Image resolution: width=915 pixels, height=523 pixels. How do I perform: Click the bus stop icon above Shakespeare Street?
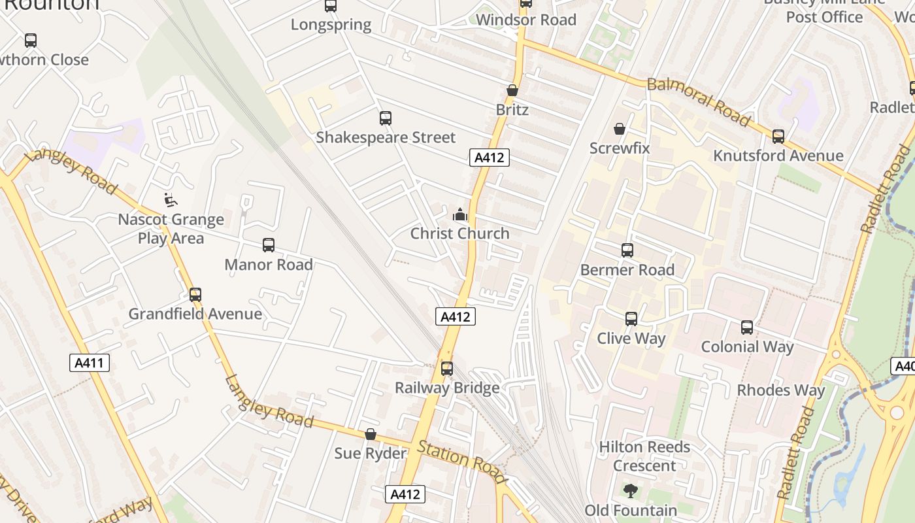386,118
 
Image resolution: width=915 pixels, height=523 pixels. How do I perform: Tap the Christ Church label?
459,233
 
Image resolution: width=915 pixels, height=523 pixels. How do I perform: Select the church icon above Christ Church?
460,214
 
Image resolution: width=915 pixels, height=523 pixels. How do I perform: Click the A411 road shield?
90,363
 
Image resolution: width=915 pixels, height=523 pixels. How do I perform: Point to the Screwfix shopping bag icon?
619,129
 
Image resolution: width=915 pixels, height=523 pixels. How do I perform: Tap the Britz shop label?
512,109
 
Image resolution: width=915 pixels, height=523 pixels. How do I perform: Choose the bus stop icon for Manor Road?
269,245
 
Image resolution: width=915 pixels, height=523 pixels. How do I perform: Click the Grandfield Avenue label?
195,314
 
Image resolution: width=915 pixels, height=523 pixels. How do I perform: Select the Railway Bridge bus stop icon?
447,369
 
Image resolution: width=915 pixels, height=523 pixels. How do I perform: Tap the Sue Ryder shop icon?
371,434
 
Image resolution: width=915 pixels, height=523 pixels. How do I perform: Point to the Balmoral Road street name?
698,101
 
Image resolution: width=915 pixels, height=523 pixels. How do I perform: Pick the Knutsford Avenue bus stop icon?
778,137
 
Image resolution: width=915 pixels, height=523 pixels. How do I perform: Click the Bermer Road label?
627,270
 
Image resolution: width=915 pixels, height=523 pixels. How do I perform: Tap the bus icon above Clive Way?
631,319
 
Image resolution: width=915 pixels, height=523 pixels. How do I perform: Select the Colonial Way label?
747,346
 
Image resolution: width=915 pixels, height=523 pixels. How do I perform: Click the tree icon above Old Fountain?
630,491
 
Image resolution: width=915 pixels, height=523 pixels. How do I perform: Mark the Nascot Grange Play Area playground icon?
171,200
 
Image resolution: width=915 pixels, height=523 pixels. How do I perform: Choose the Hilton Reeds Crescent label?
644,456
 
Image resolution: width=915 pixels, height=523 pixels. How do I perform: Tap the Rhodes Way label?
781,390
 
